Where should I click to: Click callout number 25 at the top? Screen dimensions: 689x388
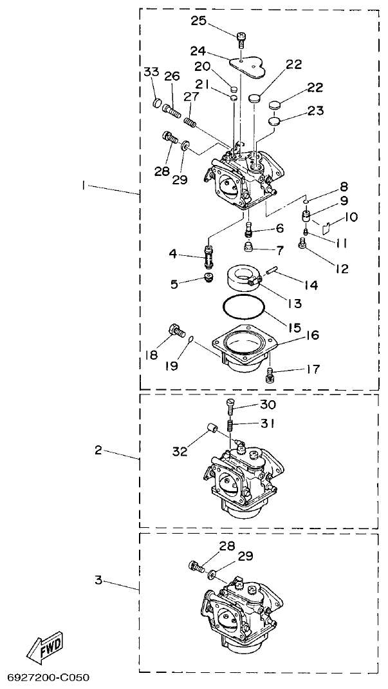pos(198,21)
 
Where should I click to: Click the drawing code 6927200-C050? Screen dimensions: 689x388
pos(48,678)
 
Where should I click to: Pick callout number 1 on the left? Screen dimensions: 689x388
pos(84,186)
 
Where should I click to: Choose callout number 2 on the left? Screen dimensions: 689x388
pos(98,450)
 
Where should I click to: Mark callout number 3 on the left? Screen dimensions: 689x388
pos(98,580)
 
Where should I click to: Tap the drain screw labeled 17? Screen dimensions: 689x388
pos(271,372)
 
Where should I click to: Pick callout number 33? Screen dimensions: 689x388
pos(151,72)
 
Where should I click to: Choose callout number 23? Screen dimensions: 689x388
pos(315,110)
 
